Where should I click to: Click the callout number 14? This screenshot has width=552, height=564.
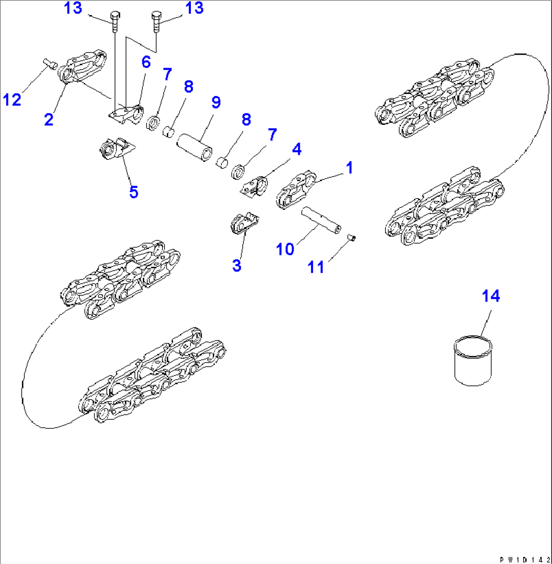coord(491,296)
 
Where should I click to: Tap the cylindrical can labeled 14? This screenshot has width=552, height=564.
coord(472,361)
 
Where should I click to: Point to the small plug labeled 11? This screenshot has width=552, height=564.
coord(352,237)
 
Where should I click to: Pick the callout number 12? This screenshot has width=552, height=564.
coord(12,99)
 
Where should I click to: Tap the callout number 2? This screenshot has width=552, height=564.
coord(49,119)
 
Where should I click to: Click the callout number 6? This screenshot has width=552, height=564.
coord(146,62)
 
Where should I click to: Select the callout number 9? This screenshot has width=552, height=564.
coord(216,102)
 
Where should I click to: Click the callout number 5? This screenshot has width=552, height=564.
coord(134,192)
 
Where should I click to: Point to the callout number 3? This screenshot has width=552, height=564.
coord(236,266)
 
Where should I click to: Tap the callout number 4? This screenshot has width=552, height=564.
coord(297,149)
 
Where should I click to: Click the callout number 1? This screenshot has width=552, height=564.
coord(349,167)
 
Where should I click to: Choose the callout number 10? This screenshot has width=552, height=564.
coord(285,249)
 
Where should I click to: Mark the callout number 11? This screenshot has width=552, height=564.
coord(316,267)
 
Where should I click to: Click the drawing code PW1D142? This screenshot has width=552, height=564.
coord(525,559)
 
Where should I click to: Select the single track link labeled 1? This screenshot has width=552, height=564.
coord(296,189)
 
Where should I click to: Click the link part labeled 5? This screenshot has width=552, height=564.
coord(116,149)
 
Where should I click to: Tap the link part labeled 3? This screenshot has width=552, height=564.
coord(244,223)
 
